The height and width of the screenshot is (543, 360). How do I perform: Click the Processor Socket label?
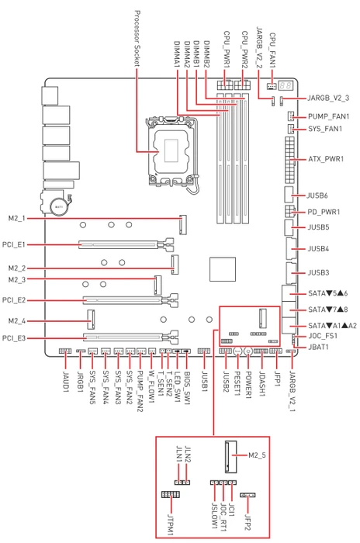(137, 39)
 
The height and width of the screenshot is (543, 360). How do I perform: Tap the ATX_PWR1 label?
(326, 159)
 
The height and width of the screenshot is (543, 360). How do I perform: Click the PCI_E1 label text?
(14, 244)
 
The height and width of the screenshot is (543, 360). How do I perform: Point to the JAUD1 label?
(65, 382)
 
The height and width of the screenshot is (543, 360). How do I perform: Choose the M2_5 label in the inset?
(257, 455)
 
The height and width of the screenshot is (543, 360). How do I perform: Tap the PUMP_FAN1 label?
(328, 116)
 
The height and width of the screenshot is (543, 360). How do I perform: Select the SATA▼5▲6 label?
(327, 293)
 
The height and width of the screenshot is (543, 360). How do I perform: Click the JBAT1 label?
(318, 347)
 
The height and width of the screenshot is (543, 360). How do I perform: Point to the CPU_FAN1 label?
(272, 50)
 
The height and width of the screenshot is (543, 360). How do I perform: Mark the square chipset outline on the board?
(223, 269)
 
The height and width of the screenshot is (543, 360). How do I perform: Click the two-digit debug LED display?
(286, 85)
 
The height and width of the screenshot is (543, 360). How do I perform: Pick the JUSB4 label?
(318, 249)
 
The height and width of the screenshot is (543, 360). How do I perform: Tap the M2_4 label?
(17, 321)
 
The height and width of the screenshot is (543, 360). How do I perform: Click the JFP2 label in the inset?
(247, 522)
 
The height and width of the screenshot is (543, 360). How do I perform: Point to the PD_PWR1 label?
(324, 212)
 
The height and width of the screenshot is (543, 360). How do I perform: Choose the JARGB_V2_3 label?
(328, 98)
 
